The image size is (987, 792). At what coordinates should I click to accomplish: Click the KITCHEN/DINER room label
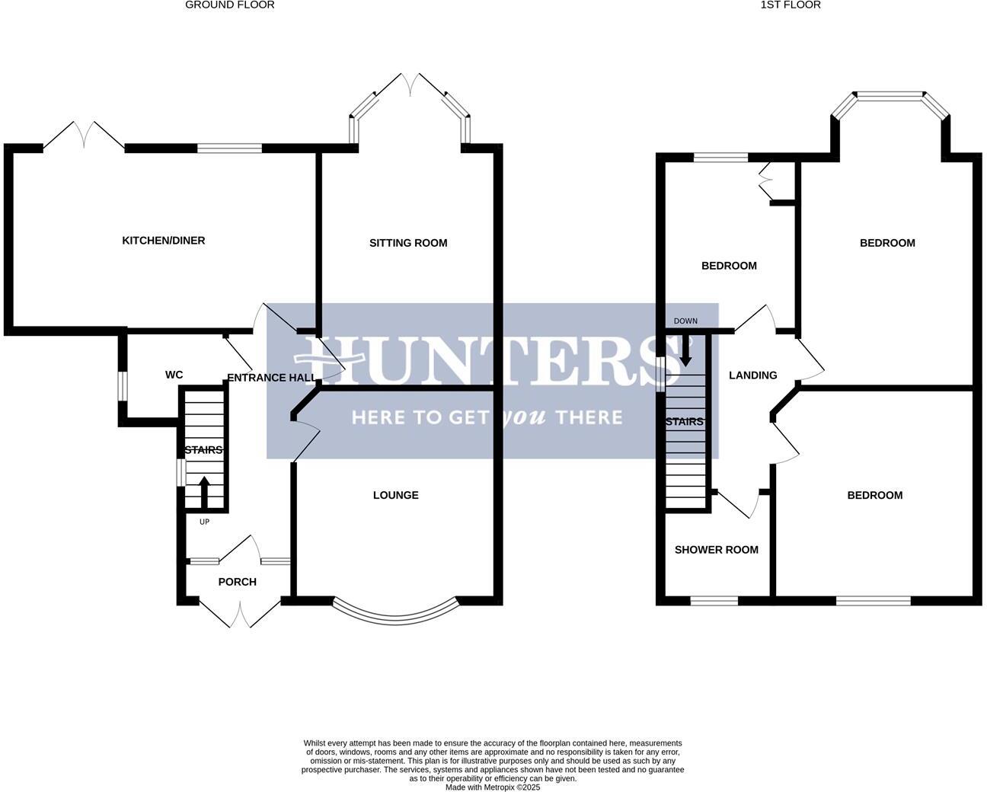click(x=164, y=241)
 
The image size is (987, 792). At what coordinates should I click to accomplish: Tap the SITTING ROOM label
click(x=408, y=243)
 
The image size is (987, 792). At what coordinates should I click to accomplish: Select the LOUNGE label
click(x=396, y=495)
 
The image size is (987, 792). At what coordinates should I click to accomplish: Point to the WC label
click(x=174, y=375)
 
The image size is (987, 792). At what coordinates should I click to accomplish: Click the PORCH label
click(x=238, y=582)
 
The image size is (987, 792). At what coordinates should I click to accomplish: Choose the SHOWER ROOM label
click(x=717, y=550)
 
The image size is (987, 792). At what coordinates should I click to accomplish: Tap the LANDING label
click(x=753, y=375)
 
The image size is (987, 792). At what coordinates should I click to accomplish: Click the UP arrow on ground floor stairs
click(x=204, y=490)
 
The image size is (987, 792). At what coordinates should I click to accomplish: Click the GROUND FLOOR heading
click(x=230, y=5)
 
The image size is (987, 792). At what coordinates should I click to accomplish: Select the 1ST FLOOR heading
click(x=791, y=5)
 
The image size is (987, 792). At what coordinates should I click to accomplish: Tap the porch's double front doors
click(x=239, y=612)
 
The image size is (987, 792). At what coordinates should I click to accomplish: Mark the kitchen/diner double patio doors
click(x=84, y=135)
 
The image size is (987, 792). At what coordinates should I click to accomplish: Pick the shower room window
click(x=714, y=601)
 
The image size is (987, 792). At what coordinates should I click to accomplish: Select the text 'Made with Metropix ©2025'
click(x=493, y=787)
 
